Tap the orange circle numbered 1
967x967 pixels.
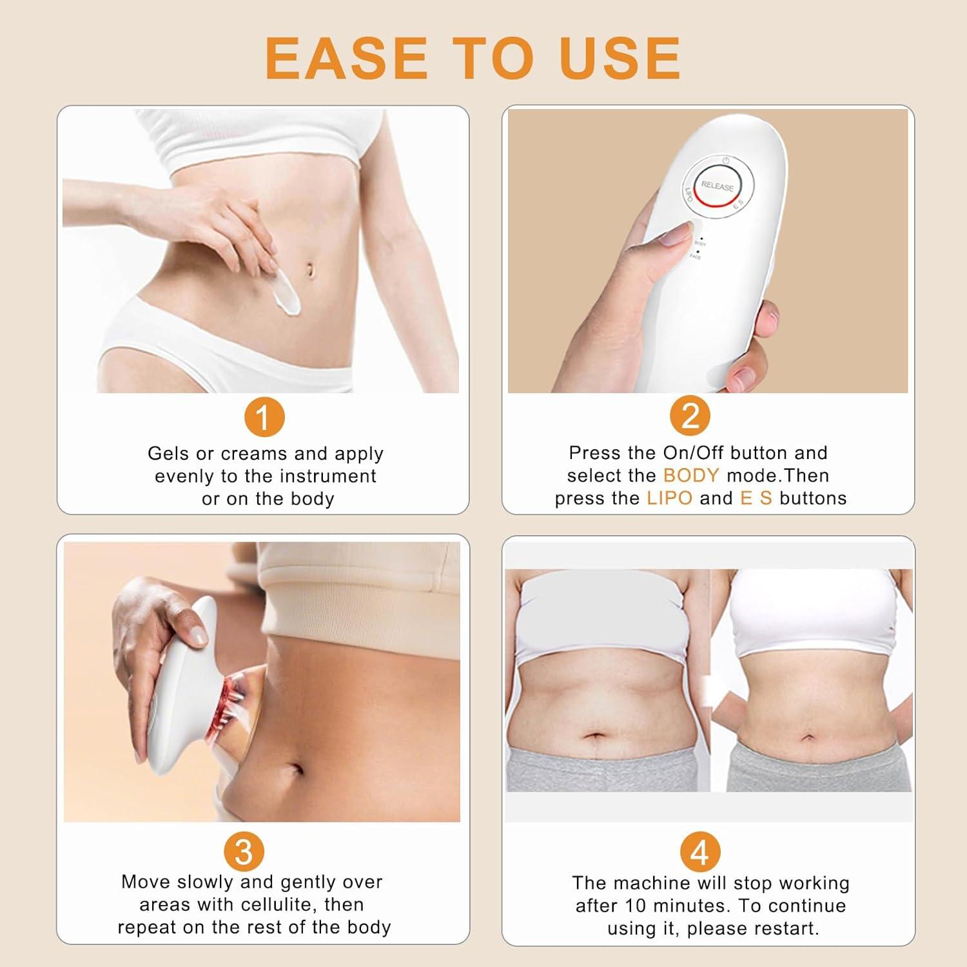(263, 417)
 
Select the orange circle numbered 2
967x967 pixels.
(690, 417)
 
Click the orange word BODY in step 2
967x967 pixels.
(691, 476)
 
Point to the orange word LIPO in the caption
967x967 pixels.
(669, 498)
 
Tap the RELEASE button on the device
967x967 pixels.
(717, 186)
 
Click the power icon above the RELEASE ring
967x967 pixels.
(725, 160)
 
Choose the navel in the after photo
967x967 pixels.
(808, 737)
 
